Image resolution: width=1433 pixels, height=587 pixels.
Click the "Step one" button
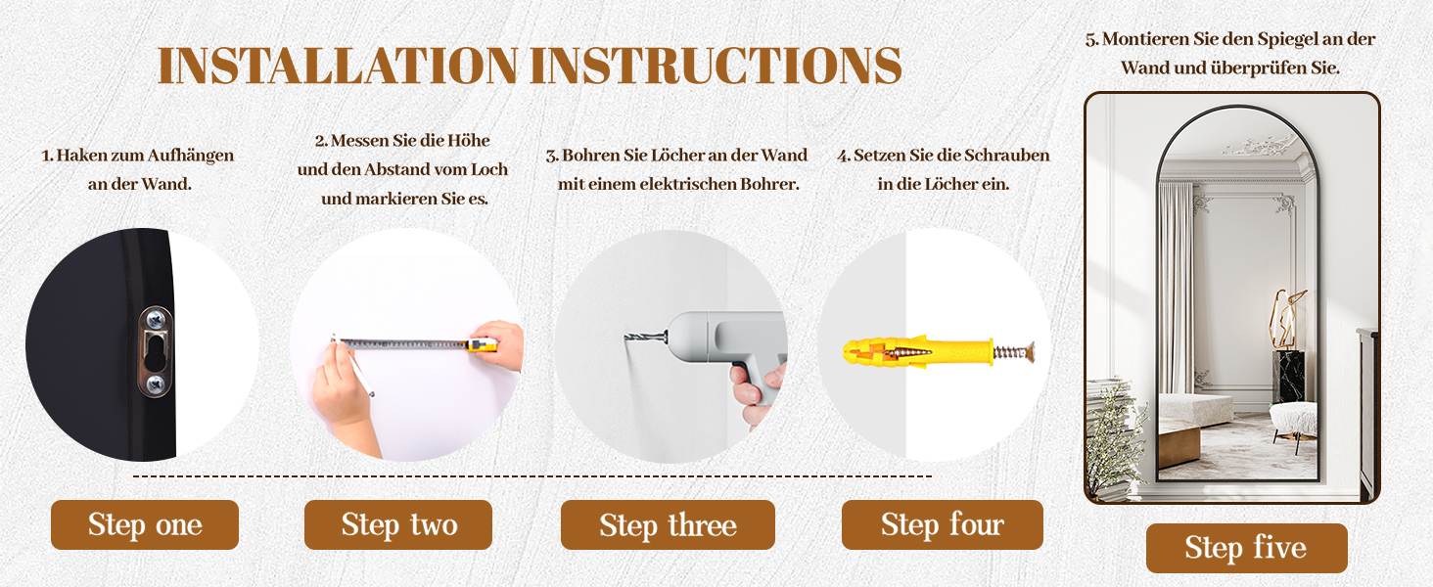[145, 525]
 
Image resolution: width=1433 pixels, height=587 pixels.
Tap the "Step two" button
[398, 525]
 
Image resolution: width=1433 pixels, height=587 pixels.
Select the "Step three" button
[668, 525]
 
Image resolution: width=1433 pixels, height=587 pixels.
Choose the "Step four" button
[943, 525]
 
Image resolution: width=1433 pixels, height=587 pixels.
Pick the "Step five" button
[1246, 548]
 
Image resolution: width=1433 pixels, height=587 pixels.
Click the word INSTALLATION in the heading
[338, 66]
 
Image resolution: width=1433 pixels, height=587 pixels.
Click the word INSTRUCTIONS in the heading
[716, 66]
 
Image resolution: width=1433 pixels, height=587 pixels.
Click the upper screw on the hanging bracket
[156, 318]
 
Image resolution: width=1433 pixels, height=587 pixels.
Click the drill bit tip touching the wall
[626, 337]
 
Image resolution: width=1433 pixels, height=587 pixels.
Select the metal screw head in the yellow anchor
[1030, 352]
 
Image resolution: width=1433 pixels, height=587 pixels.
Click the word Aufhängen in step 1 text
[190, 156]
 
